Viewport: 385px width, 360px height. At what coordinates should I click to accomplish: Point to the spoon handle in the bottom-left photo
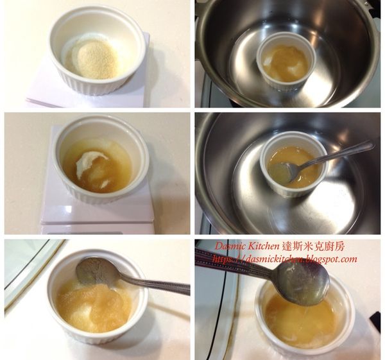(x=157, y=284)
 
